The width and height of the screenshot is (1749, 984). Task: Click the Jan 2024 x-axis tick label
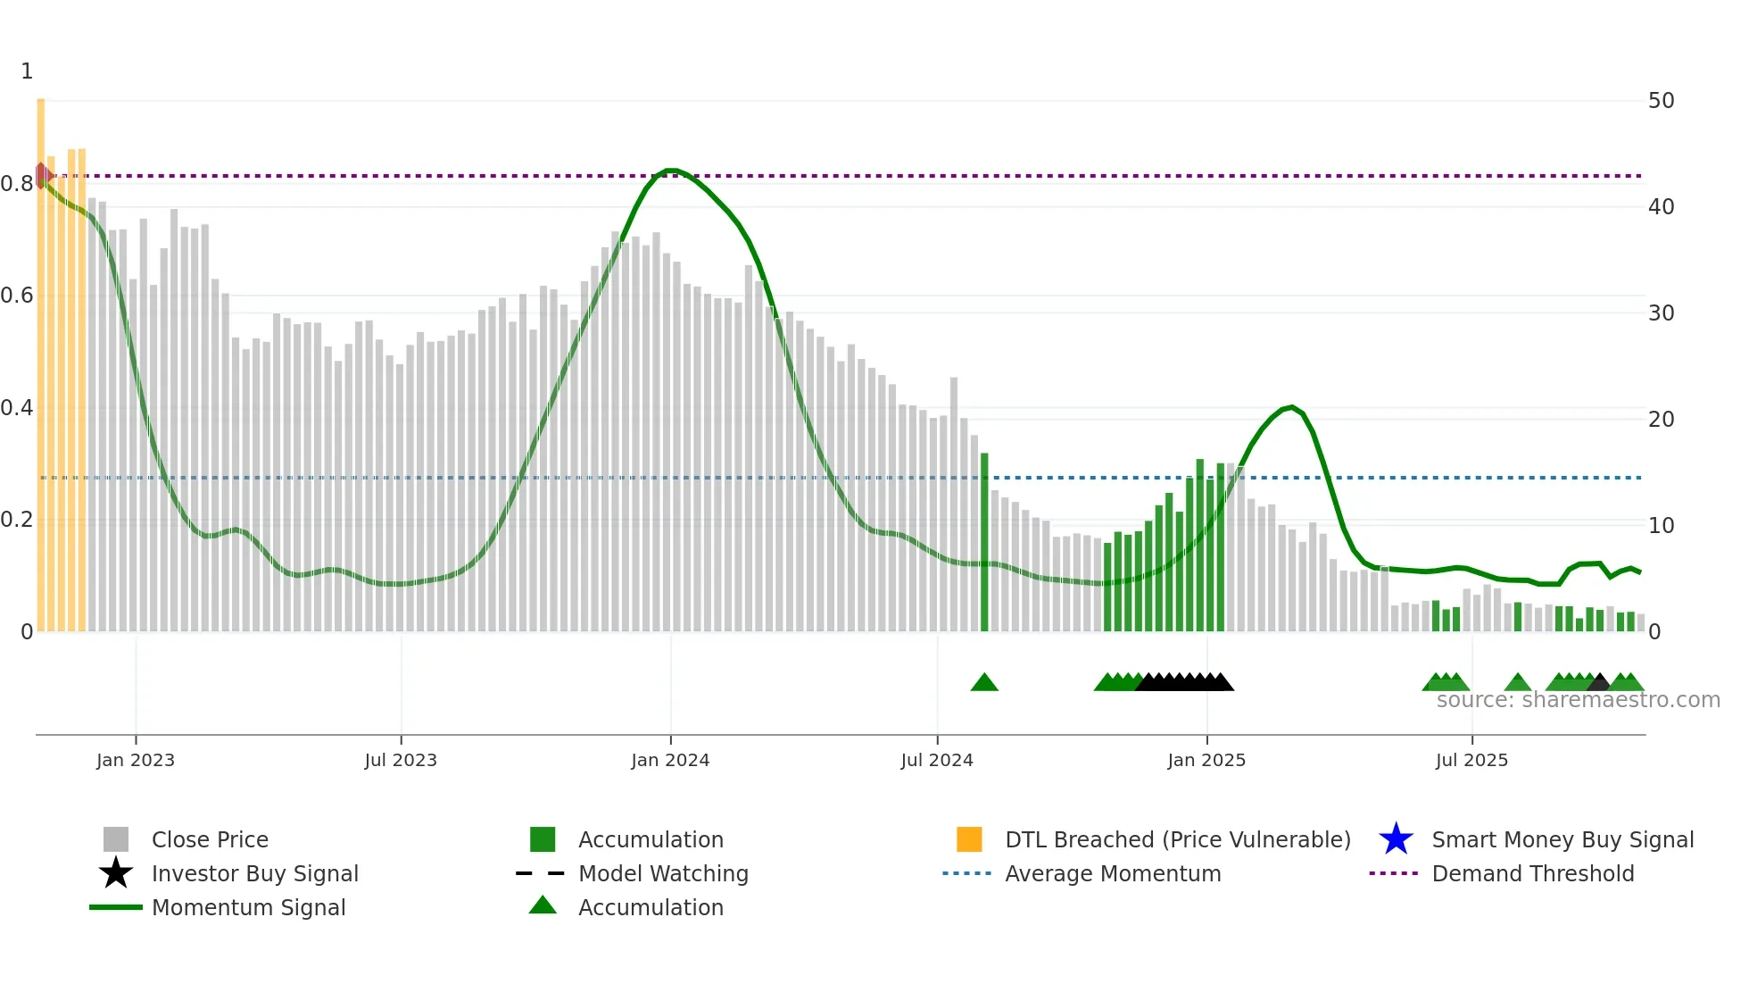[x=670, y=760]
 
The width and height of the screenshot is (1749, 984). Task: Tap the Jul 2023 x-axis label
[x=401, y=760]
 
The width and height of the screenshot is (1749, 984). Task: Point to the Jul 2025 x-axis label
[x=1471, y=760]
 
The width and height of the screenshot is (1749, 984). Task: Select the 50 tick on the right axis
[x=1661, y=101]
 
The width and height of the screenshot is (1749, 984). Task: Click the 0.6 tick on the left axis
[x=17, y=296]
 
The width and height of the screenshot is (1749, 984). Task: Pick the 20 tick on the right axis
[x=1661, y=420]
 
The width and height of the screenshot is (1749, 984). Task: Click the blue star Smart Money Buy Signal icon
[x=1396, y=839]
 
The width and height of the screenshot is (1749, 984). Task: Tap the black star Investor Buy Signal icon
[x=116, y=873]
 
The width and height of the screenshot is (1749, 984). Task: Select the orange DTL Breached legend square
[x=969, y=839]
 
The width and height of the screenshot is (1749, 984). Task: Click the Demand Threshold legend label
[x=1532, y=873]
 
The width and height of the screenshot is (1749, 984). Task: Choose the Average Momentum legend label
[x=1113, y=873]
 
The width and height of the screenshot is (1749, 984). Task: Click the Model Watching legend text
[x=663, y=873]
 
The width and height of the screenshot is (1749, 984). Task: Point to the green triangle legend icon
[x=543, y=905]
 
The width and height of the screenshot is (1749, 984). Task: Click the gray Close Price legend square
[x=116, y=839]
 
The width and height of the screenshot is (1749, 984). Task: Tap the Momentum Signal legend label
[x=248, y=907]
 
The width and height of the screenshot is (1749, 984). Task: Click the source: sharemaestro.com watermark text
[x=1578, y=700]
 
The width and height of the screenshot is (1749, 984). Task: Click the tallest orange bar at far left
[x=41, y=357]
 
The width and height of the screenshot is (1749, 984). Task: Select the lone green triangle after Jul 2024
[x=984, y=682]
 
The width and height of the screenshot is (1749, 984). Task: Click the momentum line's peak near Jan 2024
[x=671, y=170]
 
